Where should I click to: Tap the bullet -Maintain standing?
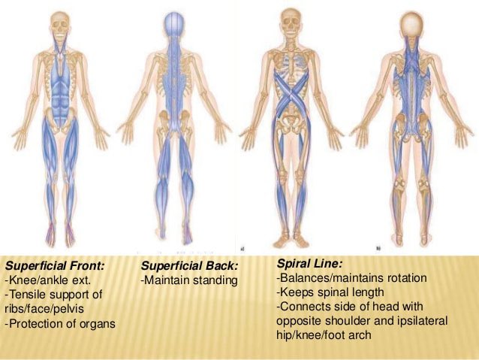(188, 280)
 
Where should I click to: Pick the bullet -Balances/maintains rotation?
(352, 278)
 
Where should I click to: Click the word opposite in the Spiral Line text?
(301, 321)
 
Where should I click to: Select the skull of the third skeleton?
(290, 20)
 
